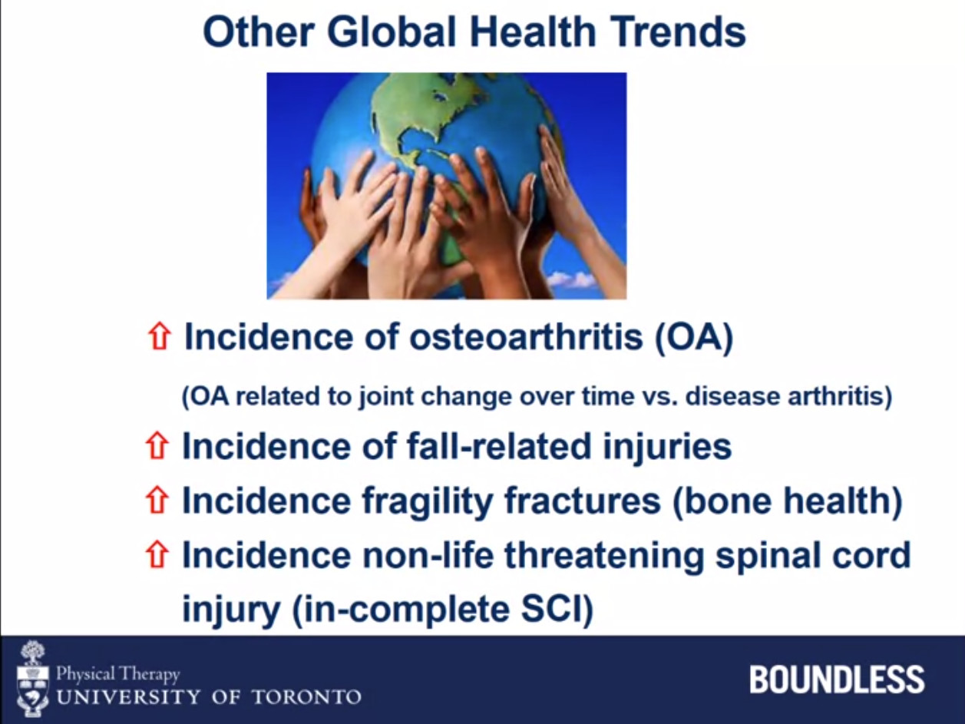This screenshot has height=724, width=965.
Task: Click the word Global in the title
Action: click(392, 32)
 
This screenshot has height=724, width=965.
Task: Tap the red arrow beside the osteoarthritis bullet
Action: click(159, 337)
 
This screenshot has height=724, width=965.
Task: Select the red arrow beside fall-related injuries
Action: click(157, 446)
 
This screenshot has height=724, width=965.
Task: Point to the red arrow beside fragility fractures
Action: click(157, 501)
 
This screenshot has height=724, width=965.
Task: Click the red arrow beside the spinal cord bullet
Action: click(157, 555)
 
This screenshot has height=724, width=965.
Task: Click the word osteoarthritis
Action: click(526, 337)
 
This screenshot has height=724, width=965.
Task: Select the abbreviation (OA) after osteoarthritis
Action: click(694, 338)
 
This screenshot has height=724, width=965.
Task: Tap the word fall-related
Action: click(499, 446)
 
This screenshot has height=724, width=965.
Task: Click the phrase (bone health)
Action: click(787, 501)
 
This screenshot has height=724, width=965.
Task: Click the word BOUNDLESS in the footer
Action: click(837, 679)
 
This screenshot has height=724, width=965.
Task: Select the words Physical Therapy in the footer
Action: click(117, 674)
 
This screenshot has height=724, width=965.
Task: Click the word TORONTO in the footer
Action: click(306, 697)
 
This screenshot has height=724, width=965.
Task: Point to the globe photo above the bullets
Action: click(447, 186)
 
